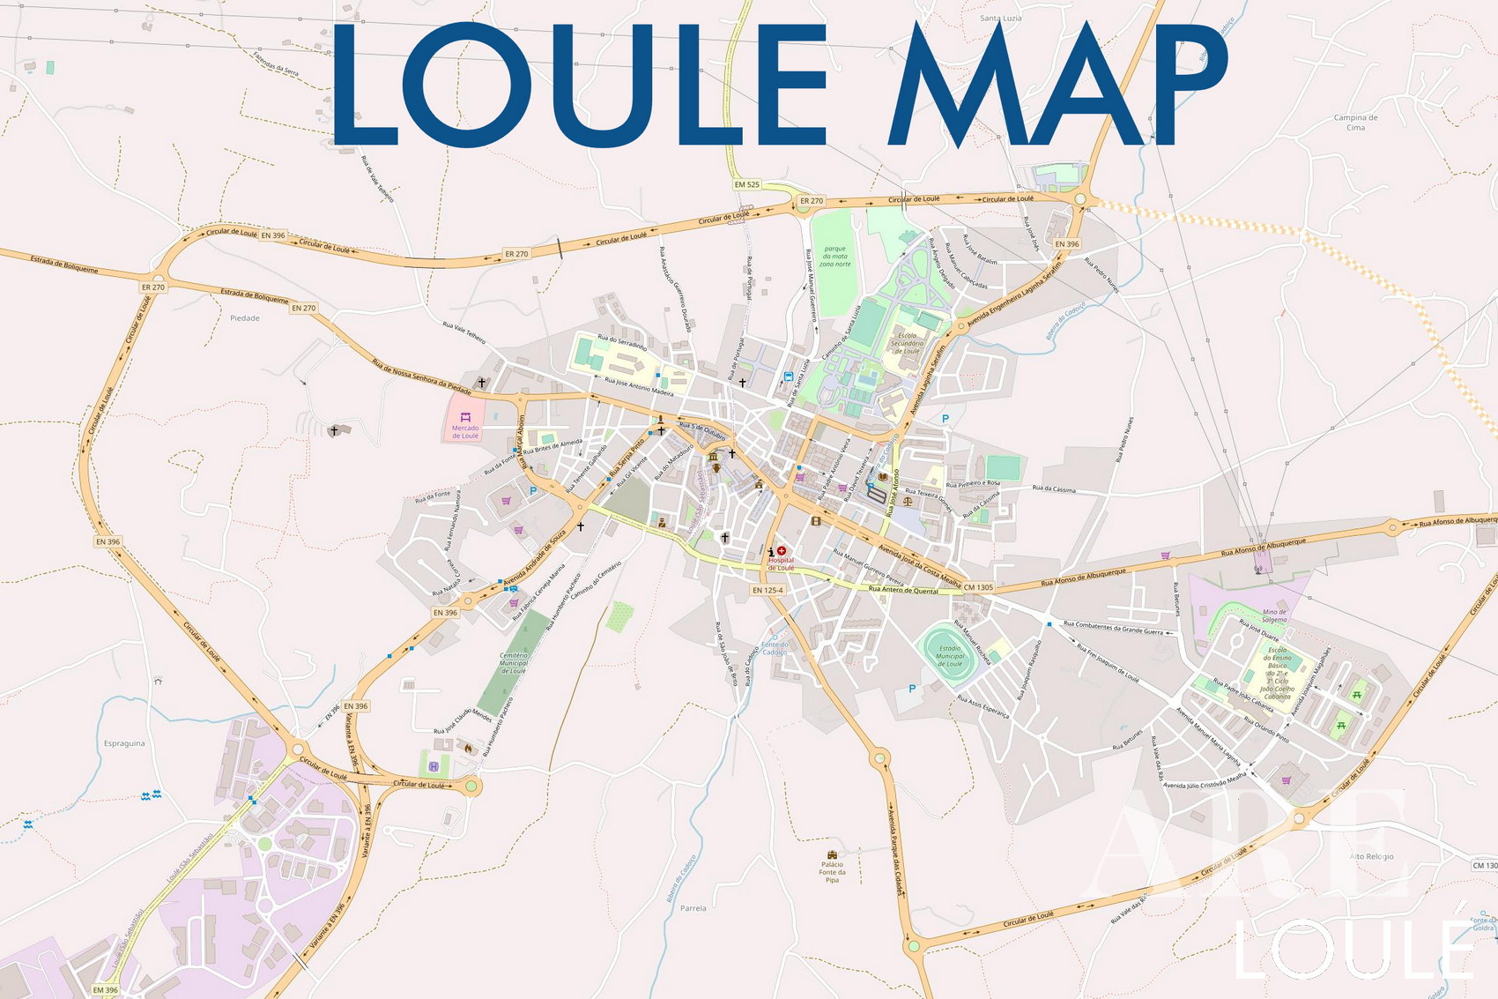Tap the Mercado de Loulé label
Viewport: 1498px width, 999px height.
[x=465, y=431]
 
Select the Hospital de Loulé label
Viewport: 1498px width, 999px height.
[x=781, y=563]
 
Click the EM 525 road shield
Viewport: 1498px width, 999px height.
[x=746, y=184]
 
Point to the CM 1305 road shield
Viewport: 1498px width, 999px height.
[x=978, y=587]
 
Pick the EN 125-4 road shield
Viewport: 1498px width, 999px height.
[x=768, y=590]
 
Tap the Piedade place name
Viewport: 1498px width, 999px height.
[x=245, y=318]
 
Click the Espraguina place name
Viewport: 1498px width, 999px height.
[x=124, y=743]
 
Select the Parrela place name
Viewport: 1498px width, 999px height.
[x=693, y=908]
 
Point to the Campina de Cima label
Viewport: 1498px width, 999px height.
[x=1355, y=123]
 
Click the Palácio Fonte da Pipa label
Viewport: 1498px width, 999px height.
[x=832, y=872]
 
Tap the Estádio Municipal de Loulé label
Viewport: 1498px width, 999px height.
[x=950, y=656]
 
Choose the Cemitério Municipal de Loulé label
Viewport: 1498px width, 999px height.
[x=514, y=663]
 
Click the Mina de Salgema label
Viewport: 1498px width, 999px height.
[x=1274, y=615]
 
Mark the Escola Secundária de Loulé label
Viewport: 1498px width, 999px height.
[x=908, y=343]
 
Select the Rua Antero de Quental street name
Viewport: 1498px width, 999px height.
[x=903, y=590]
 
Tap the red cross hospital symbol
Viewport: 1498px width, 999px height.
[x=782, y=551]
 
